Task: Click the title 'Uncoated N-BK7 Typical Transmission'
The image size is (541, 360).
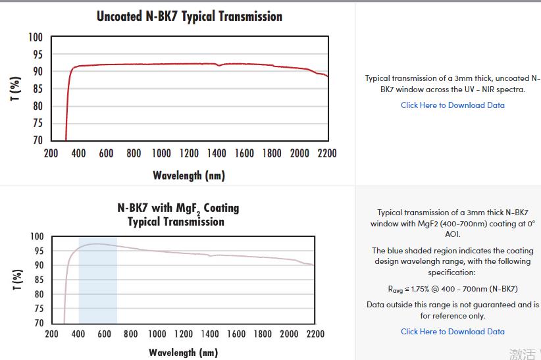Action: click(190, 16)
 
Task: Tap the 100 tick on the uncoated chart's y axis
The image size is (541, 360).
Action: click(36, 37)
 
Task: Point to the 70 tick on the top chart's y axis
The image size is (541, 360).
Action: click(37, 140)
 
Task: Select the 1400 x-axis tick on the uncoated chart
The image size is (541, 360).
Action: click(216, 153)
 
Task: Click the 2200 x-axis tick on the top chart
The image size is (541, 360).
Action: click(326, 153)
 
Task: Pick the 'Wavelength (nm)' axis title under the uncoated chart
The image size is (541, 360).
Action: click(189, 175)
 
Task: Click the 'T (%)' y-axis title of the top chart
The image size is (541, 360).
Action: click(15, 89)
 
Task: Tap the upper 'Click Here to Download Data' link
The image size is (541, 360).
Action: click(453, 105)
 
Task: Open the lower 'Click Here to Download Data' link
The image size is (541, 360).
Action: click(453, 332)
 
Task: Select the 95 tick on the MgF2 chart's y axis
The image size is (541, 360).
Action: click(37, 251)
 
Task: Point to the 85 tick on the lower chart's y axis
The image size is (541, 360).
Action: click(37, 280)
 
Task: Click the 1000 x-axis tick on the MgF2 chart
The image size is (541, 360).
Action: click(157, 334)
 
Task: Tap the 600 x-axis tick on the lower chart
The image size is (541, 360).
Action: click(104, 334)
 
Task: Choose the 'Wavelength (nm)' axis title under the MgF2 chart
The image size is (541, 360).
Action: click(183, 352)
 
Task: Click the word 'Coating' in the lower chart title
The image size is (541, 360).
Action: click(221, 208)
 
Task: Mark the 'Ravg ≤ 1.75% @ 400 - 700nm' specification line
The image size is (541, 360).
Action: click(453, 289)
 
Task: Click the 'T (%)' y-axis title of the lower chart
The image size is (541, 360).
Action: click(15, 280)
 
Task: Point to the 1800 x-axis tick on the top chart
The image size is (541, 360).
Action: click(271, 153)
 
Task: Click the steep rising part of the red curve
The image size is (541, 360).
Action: click(67, 105)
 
